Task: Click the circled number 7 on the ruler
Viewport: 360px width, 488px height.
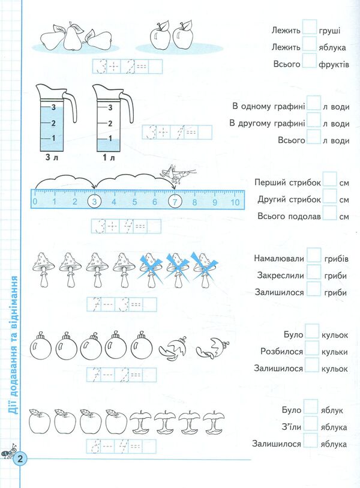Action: (x=174, y=202)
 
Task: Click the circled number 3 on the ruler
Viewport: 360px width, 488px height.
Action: (x=94, y=202)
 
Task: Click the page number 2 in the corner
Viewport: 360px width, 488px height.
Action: (x=20, y=459)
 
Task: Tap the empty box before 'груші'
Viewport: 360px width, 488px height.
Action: (x=310, y=27)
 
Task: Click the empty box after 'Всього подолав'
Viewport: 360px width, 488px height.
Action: (x=329, y=215)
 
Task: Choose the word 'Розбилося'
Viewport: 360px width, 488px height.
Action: (x=281, y=351)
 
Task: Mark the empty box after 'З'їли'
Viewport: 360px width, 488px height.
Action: (x=310, y=425)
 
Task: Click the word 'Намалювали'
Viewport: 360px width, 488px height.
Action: (x=280, y=259)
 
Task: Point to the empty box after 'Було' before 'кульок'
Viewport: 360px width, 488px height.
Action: (x=312, y=331)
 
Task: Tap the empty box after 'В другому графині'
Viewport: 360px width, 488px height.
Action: (x=314, y=122)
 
